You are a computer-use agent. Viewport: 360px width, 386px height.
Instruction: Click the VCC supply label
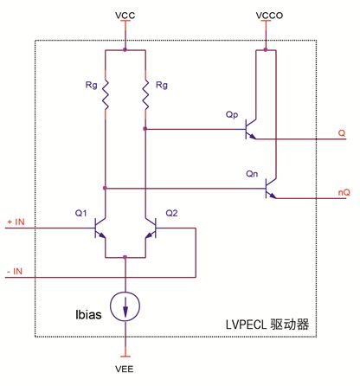pos(125,15)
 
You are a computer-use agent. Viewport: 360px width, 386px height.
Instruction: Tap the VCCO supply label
pos(269,15)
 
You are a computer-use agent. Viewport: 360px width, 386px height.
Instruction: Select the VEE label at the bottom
pos(125,369)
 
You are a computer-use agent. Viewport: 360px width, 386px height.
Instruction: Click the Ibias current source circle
pos(125,306)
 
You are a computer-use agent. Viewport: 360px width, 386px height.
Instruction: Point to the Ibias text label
pos(88,314)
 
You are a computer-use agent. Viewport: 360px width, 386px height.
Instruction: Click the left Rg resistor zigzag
pos(106,95)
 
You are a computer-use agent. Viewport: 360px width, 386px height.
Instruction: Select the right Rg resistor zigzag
pos(145,95)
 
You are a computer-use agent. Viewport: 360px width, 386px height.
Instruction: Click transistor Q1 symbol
pos(100,228)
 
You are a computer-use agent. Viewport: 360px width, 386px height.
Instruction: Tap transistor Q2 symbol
pos(151,228)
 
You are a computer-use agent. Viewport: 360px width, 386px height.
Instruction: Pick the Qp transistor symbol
pos(251,129)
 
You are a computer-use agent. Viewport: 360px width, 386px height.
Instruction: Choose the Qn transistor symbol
pos(271,189)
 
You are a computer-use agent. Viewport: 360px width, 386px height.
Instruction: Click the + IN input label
pos(16,222)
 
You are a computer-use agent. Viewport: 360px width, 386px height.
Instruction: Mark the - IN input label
pos(15,272)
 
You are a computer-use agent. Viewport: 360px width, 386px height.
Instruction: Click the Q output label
pos(342,133)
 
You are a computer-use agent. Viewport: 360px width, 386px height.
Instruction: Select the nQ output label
pos(344,192)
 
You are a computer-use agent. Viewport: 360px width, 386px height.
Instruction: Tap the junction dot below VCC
pos(125,50)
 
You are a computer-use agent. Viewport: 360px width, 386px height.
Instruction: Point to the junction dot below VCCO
pos(266,50)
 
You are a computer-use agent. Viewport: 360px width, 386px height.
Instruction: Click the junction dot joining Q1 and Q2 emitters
pos(125,257)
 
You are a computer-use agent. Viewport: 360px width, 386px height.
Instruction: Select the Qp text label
pos(232,115)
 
